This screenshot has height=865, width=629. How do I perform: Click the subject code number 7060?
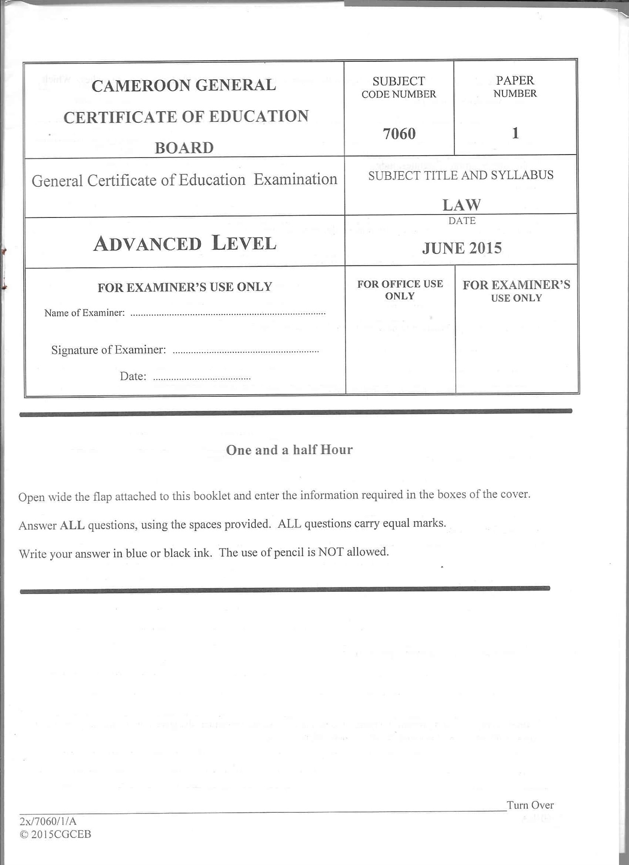point(399,134)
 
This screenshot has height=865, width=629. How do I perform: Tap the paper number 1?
point(515,133)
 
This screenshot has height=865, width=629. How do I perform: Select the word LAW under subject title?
point(462,204)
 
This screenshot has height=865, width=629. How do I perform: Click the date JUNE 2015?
point(462,248)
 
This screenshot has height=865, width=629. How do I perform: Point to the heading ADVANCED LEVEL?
point(185,243)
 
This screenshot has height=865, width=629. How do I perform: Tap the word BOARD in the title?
point(184,148)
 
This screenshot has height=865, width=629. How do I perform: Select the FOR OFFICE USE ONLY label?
point(400,290)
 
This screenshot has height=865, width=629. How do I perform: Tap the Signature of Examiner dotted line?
point(246,351)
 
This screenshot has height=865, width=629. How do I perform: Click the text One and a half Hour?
point(289,449)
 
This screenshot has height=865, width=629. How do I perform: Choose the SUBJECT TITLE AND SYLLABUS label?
point(461,175)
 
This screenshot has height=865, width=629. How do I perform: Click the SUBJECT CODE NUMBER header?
point(399,87)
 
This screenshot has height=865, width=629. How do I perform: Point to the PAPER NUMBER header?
point(515,86)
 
